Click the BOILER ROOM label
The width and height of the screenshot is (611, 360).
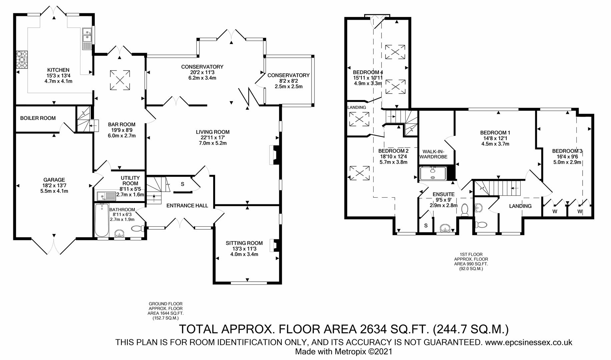38,118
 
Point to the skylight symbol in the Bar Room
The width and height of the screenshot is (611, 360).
120,80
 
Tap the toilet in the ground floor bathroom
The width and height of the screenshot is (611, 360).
138,229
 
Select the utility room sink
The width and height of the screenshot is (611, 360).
106,197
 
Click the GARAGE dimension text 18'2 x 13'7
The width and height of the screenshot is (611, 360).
54,186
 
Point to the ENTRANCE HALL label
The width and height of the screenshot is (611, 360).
187,206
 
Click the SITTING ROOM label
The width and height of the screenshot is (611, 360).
244,243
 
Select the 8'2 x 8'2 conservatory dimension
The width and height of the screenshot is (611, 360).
288,81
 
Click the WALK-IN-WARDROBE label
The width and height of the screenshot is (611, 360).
433,154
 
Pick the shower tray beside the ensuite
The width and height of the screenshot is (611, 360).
433,173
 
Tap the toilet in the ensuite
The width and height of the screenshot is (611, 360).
465,211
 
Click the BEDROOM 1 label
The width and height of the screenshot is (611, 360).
495,133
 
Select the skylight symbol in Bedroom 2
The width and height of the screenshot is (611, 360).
360,173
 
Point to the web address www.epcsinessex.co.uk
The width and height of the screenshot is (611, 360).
529,342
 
